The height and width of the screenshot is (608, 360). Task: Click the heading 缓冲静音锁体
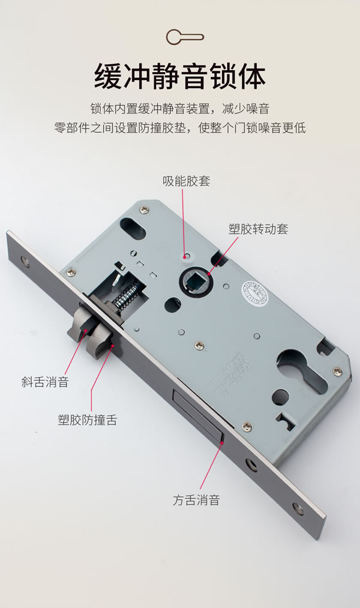click(180, 76)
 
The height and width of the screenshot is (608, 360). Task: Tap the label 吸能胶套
click(186, 181)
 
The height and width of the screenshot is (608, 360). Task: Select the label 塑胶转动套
click(259, 229)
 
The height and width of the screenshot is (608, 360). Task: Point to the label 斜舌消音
click(45, 382)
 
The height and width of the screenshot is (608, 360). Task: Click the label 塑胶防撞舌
click(87, 420)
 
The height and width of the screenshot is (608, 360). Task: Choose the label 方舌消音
click(196, 499)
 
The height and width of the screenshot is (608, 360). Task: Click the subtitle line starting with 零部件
click(180, 128)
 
